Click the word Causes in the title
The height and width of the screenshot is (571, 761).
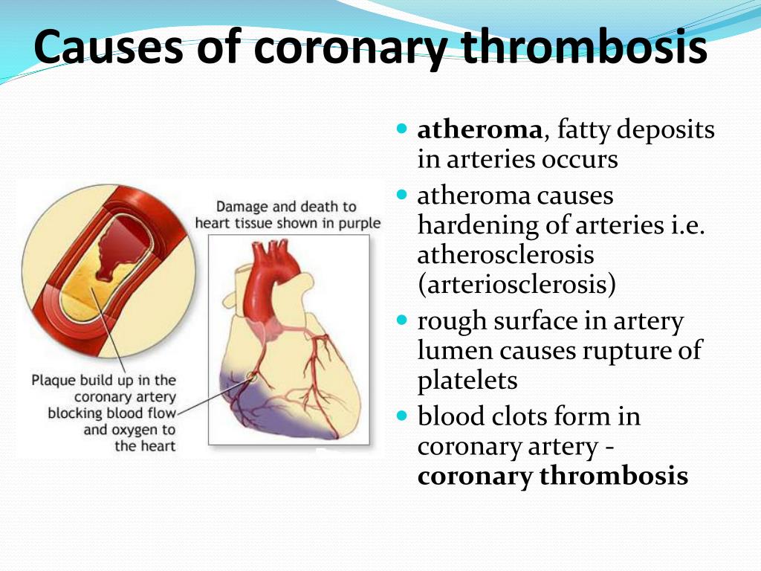(x=109, y=47)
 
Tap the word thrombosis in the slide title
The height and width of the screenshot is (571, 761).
(x=584, y=47)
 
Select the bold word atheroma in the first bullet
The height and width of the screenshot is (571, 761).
(x=479, y=130)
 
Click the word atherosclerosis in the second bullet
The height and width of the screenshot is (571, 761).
(x=505, y=255)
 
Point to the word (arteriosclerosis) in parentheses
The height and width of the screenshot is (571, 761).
(x=516, y=285)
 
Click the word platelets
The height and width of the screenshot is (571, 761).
(x=467, y=381)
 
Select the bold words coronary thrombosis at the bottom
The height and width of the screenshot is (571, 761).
(x=552, y=477)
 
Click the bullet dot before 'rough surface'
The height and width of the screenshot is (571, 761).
(x=402, y=320)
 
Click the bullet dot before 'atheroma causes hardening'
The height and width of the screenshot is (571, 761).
(x=402, y=196)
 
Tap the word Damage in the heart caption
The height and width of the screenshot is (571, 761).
(x=242, y=207)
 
